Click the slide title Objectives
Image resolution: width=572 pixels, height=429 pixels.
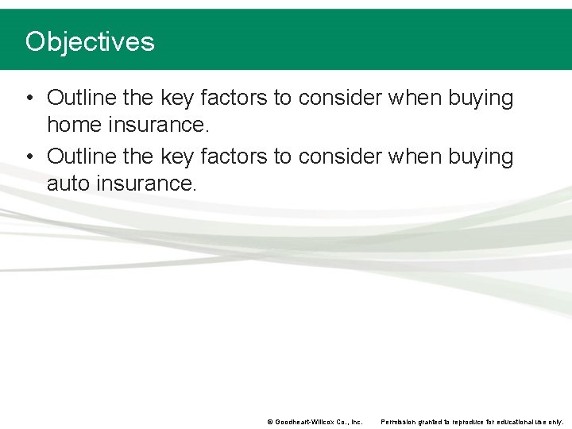coord(90,41)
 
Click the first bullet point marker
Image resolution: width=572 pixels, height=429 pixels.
coord(29,99)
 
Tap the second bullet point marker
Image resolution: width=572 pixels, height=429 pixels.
coord(29,157)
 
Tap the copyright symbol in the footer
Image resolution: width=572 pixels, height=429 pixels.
coord(270,422)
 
